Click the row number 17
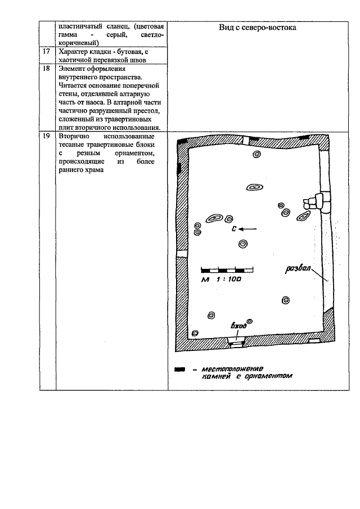point(47,52)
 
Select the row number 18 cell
point(47,69)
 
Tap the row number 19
point(47,137)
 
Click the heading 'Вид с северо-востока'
point(257,28)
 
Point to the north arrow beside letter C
point(247,229)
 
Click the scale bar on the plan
point(223,269)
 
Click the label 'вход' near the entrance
point(239,326)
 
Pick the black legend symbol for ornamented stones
point(179,370)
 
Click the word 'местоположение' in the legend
point(228,370)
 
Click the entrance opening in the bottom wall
point(235,341)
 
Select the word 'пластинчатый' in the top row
point(81,27)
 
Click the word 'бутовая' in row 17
point(123,52)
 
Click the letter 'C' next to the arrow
point(233,229)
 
